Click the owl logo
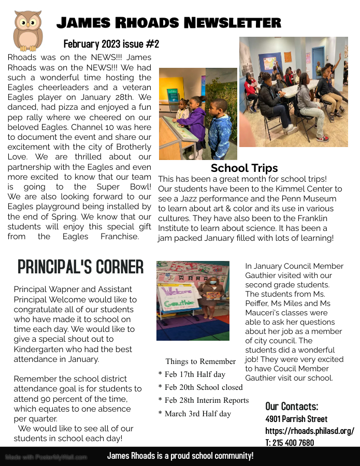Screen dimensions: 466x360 point(27,30)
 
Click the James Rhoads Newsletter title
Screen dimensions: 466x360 point(168,23)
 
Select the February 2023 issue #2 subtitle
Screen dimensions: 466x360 point(111,43)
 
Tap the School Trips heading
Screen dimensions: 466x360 point(244,168)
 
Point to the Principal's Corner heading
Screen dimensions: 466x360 point(80,267)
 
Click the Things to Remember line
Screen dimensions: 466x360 point(200,361)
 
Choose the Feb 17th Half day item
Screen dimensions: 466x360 point(192,374)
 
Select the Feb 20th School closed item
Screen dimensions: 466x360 point(200,387)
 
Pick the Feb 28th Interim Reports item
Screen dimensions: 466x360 point(204,400)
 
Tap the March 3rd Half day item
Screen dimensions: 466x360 point(195,414)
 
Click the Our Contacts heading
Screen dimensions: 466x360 point(292,406)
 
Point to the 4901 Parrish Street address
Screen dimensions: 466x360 point(296,419)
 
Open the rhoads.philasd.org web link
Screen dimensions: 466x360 point(310,431)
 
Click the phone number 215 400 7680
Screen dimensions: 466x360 point(290,443)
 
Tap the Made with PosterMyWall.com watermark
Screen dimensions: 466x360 point(46,457)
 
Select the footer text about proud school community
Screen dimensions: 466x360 point(180,456)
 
